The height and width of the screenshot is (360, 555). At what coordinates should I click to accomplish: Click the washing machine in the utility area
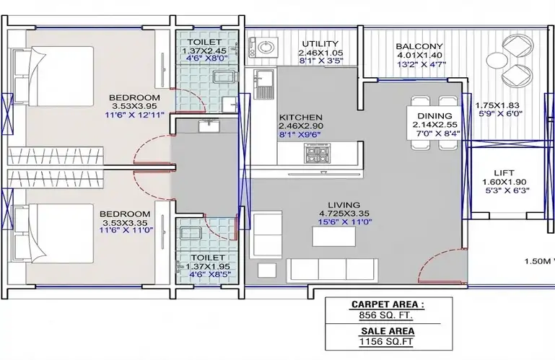coord(262,48)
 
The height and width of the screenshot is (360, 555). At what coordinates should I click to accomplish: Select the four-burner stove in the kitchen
coord(317,154)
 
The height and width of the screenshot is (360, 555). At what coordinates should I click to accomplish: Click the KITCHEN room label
coord(301,117)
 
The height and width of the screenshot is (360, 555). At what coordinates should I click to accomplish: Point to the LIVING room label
coord(344,205)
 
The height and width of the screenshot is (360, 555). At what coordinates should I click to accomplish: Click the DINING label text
coord(434,115)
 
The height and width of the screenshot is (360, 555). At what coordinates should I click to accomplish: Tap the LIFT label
coord(504,172)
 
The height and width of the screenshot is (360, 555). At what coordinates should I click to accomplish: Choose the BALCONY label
coord(419,46)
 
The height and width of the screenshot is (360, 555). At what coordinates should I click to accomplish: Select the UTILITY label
coord(320,43)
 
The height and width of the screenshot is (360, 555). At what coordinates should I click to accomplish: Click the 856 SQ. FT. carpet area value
coord(386,315)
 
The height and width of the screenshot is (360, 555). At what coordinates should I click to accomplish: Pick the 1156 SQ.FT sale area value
coord(386,341)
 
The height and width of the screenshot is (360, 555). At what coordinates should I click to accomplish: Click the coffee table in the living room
coord(333,237)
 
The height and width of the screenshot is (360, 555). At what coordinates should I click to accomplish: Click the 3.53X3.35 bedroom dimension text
coord(125,223)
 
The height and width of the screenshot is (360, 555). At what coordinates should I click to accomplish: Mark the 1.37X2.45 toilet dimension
coord(204,51)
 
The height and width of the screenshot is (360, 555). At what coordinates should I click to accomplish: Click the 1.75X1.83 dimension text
coord(497,105)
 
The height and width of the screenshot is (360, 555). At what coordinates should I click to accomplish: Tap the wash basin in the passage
coord(209,126)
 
